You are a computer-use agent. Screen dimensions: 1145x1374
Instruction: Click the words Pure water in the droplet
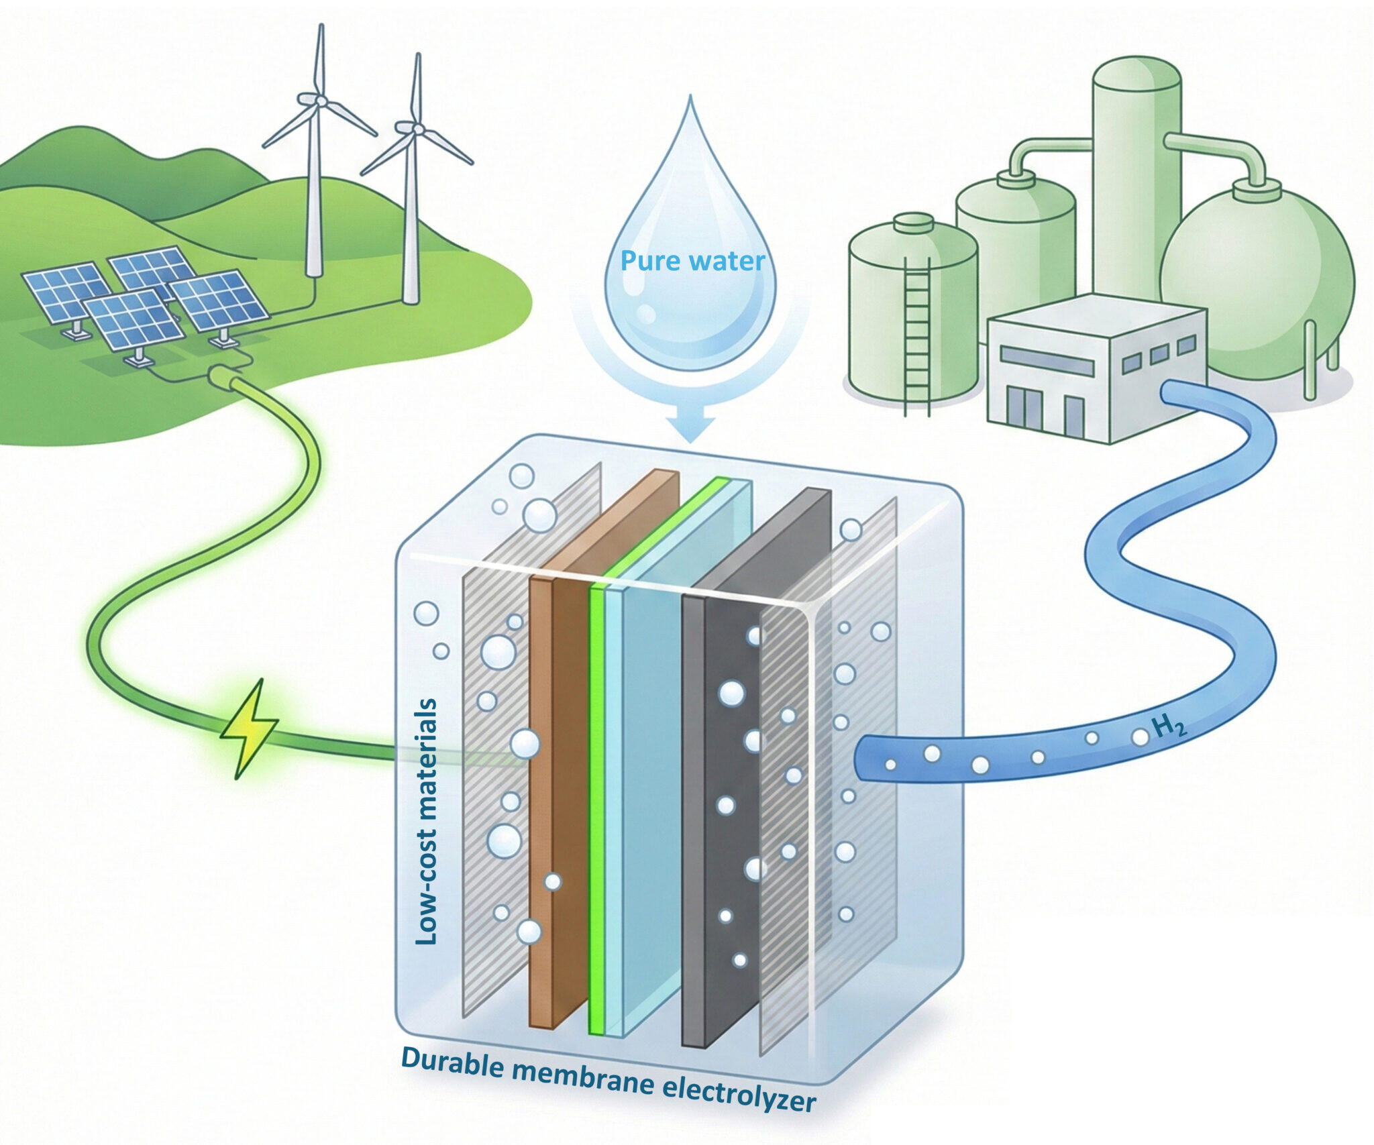(x=692, y=261)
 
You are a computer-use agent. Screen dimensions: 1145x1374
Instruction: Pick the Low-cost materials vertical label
(x=427, y=822)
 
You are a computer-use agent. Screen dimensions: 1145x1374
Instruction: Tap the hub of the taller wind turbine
(x=321, y=101)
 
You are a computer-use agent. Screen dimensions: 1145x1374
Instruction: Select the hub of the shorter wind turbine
(x=417, y=128)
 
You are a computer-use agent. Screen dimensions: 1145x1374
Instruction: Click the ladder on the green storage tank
(x=917, y=335)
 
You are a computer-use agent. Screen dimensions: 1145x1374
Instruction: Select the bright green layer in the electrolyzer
(x=596, y=805)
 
